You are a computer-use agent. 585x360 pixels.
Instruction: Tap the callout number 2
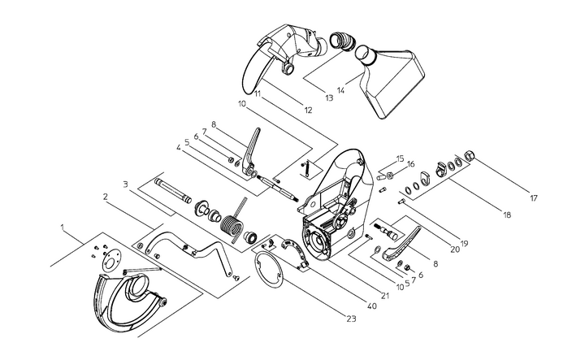(106, 197)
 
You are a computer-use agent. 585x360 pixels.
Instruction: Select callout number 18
(506, 215)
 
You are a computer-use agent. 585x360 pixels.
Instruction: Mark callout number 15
(400, 158)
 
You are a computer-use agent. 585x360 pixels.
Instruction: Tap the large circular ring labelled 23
(270, 271)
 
